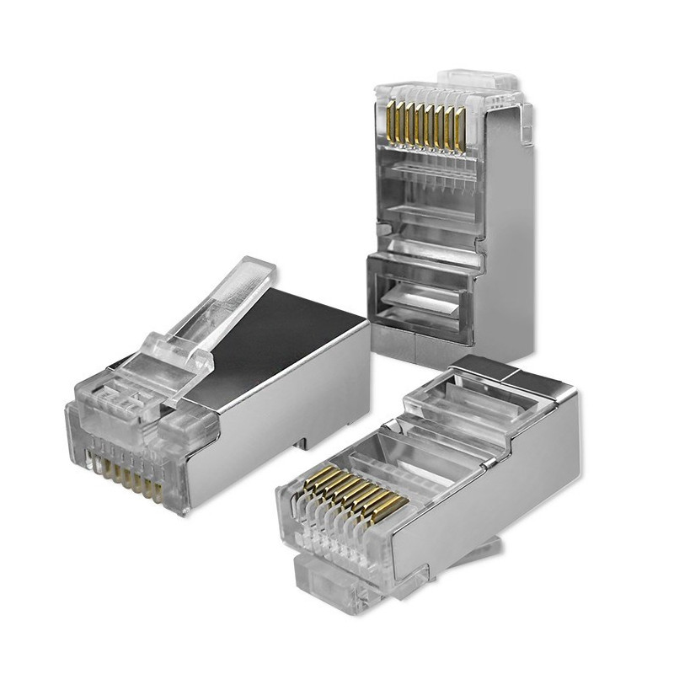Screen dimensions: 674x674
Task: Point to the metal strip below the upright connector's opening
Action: tap(421, 345)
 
